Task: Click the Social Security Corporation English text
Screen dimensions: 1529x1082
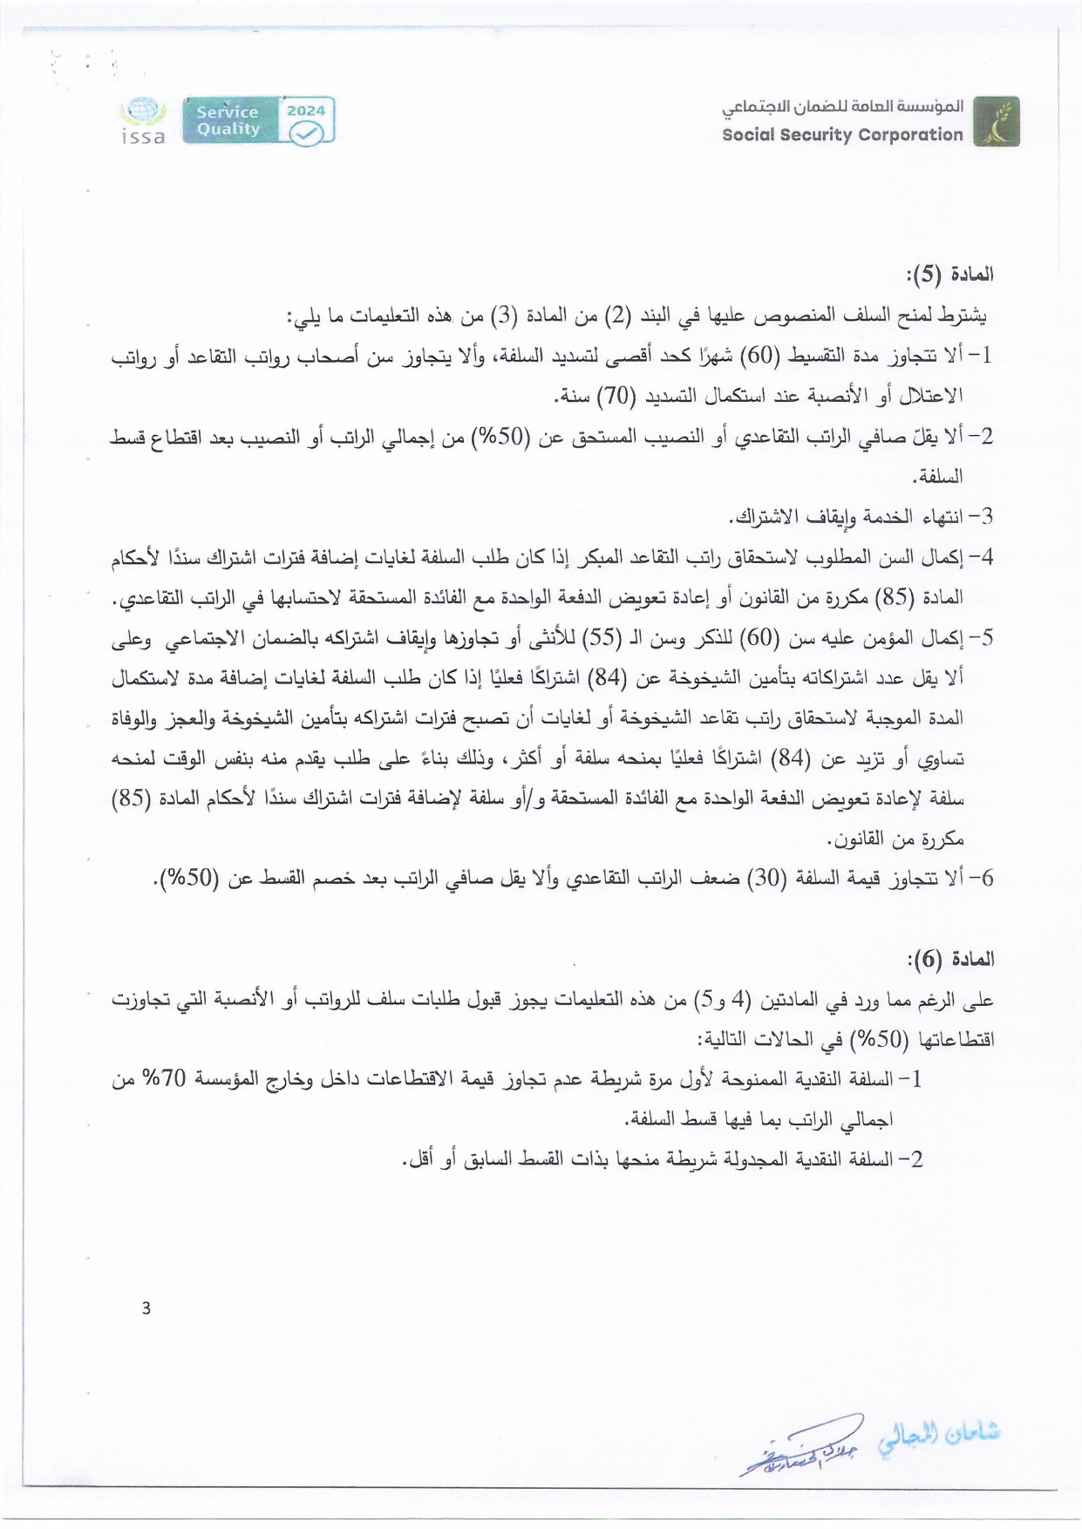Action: point(842,135)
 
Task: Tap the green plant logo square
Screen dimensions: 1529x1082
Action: point(996,122)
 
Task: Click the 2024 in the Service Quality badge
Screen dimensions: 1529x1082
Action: point(306,111)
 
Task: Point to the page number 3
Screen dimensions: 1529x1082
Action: point(146,1308)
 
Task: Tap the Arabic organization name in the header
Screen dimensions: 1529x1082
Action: point(842,108)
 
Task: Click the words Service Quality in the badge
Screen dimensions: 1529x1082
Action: point(228,120)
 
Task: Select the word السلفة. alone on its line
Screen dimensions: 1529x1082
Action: point(936,477)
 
